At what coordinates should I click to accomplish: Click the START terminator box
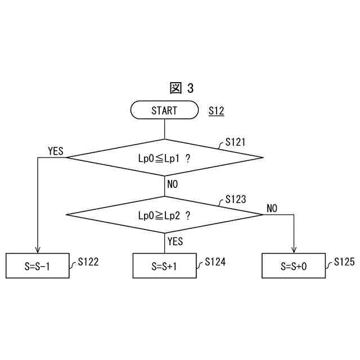coord(164,110)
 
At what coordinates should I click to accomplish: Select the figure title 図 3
coord(181,88)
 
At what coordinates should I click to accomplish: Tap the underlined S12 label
coord(216,111)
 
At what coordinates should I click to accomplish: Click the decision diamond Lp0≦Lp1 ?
coord(164,157)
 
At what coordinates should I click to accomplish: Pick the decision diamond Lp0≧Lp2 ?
coord(164,214)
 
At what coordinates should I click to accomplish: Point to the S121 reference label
coord(235,142)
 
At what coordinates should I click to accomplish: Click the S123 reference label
coord(235,199)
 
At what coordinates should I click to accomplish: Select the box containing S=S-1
coord(37,266)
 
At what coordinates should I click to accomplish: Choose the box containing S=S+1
coord(164,266)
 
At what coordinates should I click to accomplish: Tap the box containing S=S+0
coord(294,266)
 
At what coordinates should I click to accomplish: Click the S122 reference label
coord(88,262)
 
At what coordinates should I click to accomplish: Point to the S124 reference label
coord(215,262)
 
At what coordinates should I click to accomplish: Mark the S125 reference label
coord(344,262)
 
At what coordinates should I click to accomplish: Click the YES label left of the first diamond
coord(56,151)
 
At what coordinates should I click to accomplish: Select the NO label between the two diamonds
coord(173,184)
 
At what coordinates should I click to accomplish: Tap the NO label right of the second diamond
coord(272,208)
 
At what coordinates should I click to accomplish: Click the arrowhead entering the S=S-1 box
coord(37,251)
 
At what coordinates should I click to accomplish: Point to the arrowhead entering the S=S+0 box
coord(294,251)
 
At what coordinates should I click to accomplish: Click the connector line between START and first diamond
coord(164,129)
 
